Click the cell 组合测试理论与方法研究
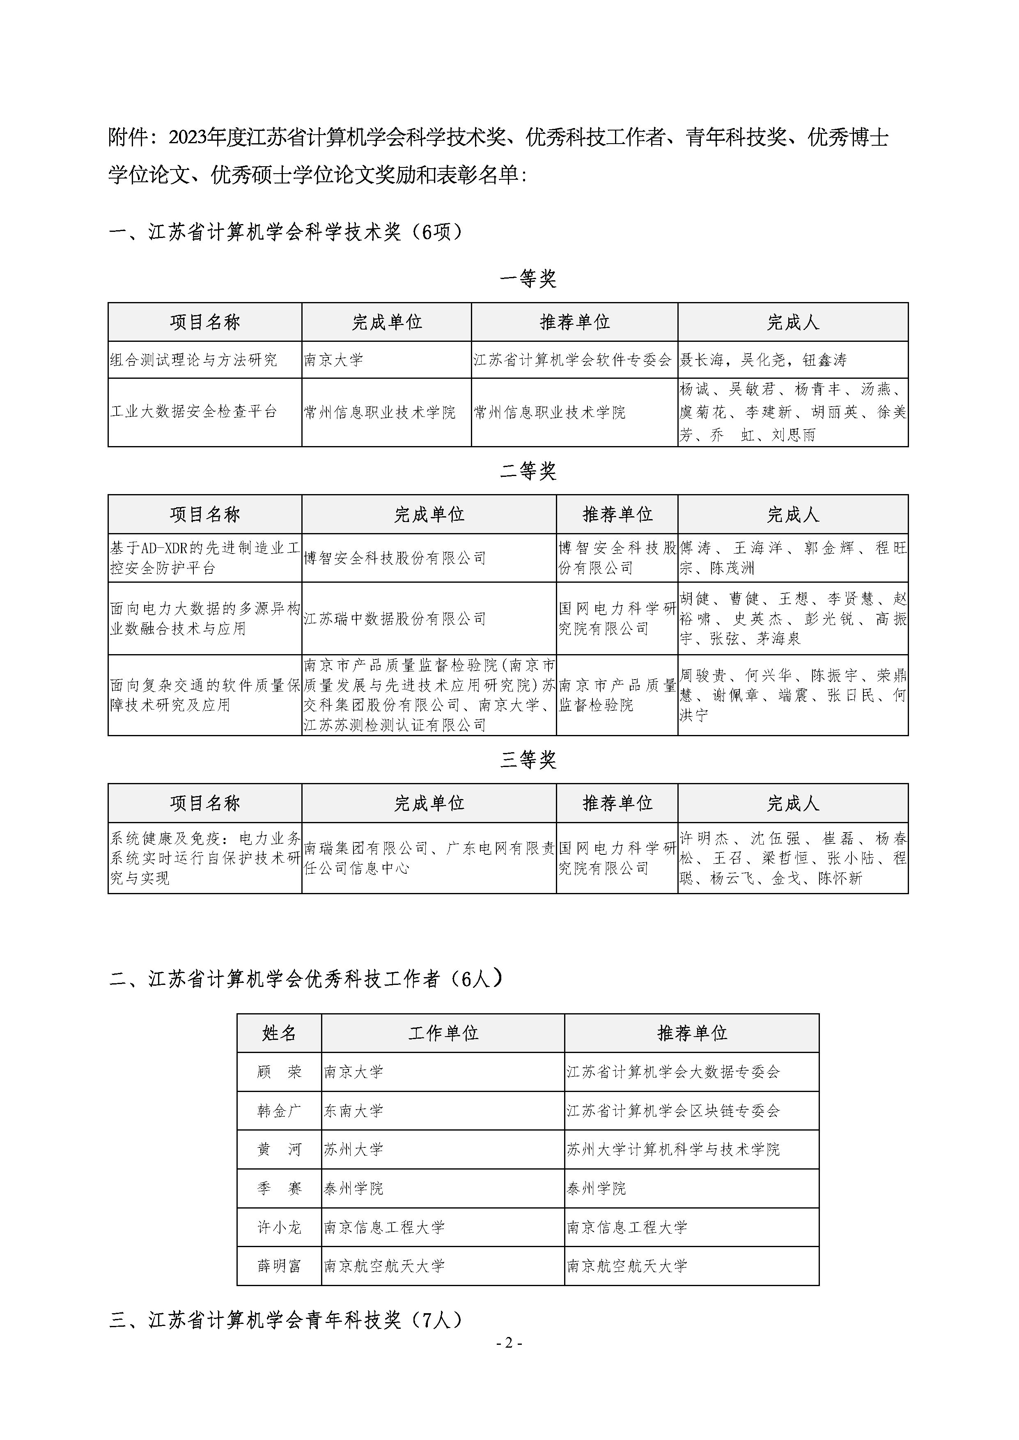(x=193, y=360)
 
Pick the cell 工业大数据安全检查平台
(x=193, y=412)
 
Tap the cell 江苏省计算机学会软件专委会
(x=572, y=360)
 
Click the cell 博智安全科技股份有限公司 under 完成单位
(x=395, y=558)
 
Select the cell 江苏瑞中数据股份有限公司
(x=395, y=618)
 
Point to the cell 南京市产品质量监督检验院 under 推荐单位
(x=616, y=695)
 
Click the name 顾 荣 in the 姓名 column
(x=279, y=1072)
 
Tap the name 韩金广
(x=279, y=1111)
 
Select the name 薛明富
(x=279, y=1266)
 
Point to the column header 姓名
(x=279, y=1033)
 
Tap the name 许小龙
(x=279, y=1227)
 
